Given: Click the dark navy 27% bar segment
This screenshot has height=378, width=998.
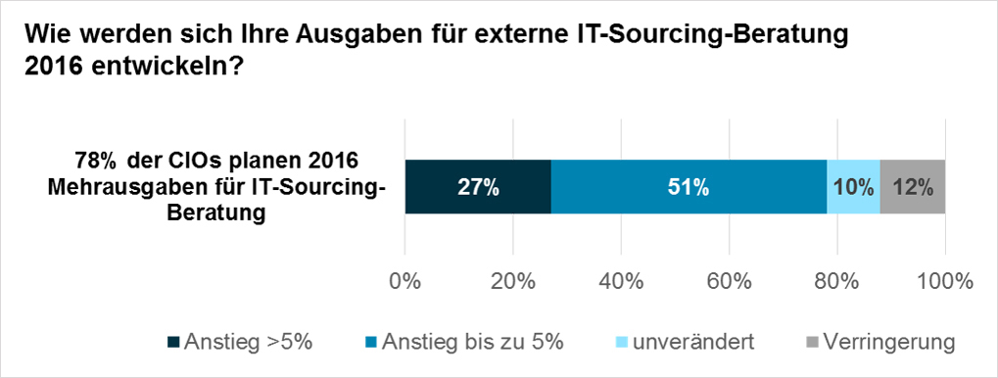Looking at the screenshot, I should coord(478,187).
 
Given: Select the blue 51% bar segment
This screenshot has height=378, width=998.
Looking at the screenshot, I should coord(689,187).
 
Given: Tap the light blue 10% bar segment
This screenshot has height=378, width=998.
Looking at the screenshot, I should coord(853,187).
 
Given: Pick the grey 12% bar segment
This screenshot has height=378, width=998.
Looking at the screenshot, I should coord(913,187).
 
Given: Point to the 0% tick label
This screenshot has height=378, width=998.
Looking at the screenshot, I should coord(405,281).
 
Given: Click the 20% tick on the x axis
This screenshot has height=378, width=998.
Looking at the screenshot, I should coord(512,281).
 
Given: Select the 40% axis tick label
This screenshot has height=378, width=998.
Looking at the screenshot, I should coord(620,281).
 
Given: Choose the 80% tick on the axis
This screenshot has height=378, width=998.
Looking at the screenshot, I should coord(836,281).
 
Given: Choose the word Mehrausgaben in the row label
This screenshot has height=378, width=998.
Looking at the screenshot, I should coord(112,187).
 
